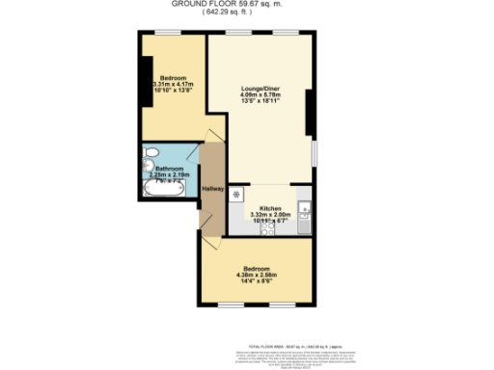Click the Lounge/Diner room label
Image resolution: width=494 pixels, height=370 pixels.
(x=261, y=88)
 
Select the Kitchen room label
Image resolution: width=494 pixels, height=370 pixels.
(x=270, y=208)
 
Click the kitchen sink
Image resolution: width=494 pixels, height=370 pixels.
(x=304, y=213)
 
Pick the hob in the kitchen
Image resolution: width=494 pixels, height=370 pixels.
(x=271, y=228)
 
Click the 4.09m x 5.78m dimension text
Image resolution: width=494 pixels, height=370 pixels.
(x=261, y=94)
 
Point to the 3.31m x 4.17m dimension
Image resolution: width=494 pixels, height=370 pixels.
(x=174, y=84)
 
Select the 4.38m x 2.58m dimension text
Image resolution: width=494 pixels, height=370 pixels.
(x=257, y=274)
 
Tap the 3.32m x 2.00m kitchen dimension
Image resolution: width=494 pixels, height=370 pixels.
(x=270, y=215)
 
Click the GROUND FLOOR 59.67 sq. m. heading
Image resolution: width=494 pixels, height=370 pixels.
(x=247, y=4)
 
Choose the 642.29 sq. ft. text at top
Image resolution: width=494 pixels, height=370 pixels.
(x=247, y=12)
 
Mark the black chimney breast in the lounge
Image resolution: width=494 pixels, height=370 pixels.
(x=309, y=110)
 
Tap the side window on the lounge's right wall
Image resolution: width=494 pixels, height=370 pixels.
(x=313, y=154)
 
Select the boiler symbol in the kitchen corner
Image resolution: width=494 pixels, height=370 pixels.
(x=235, y=191)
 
